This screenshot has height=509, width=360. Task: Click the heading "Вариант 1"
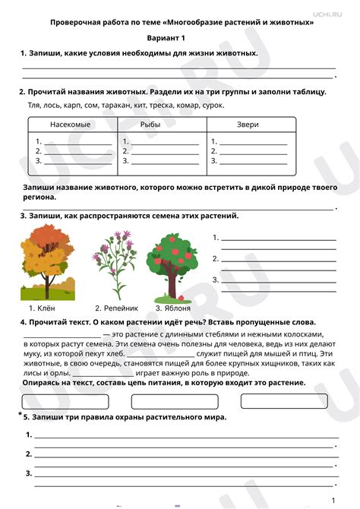(180, 37)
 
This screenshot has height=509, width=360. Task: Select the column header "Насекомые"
(71, 125)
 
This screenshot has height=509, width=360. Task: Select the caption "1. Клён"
(43, 308)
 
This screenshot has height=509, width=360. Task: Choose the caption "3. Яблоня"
(172, 308)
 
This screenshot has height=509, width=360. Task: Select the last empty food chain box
(295, 400)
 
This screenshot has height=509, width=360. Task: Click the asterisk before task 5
(20, 415)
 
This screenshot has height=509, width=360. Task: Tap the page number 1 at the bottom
(333, 500)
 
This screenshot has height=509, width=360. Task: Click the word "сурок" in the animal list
(210, 103)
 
